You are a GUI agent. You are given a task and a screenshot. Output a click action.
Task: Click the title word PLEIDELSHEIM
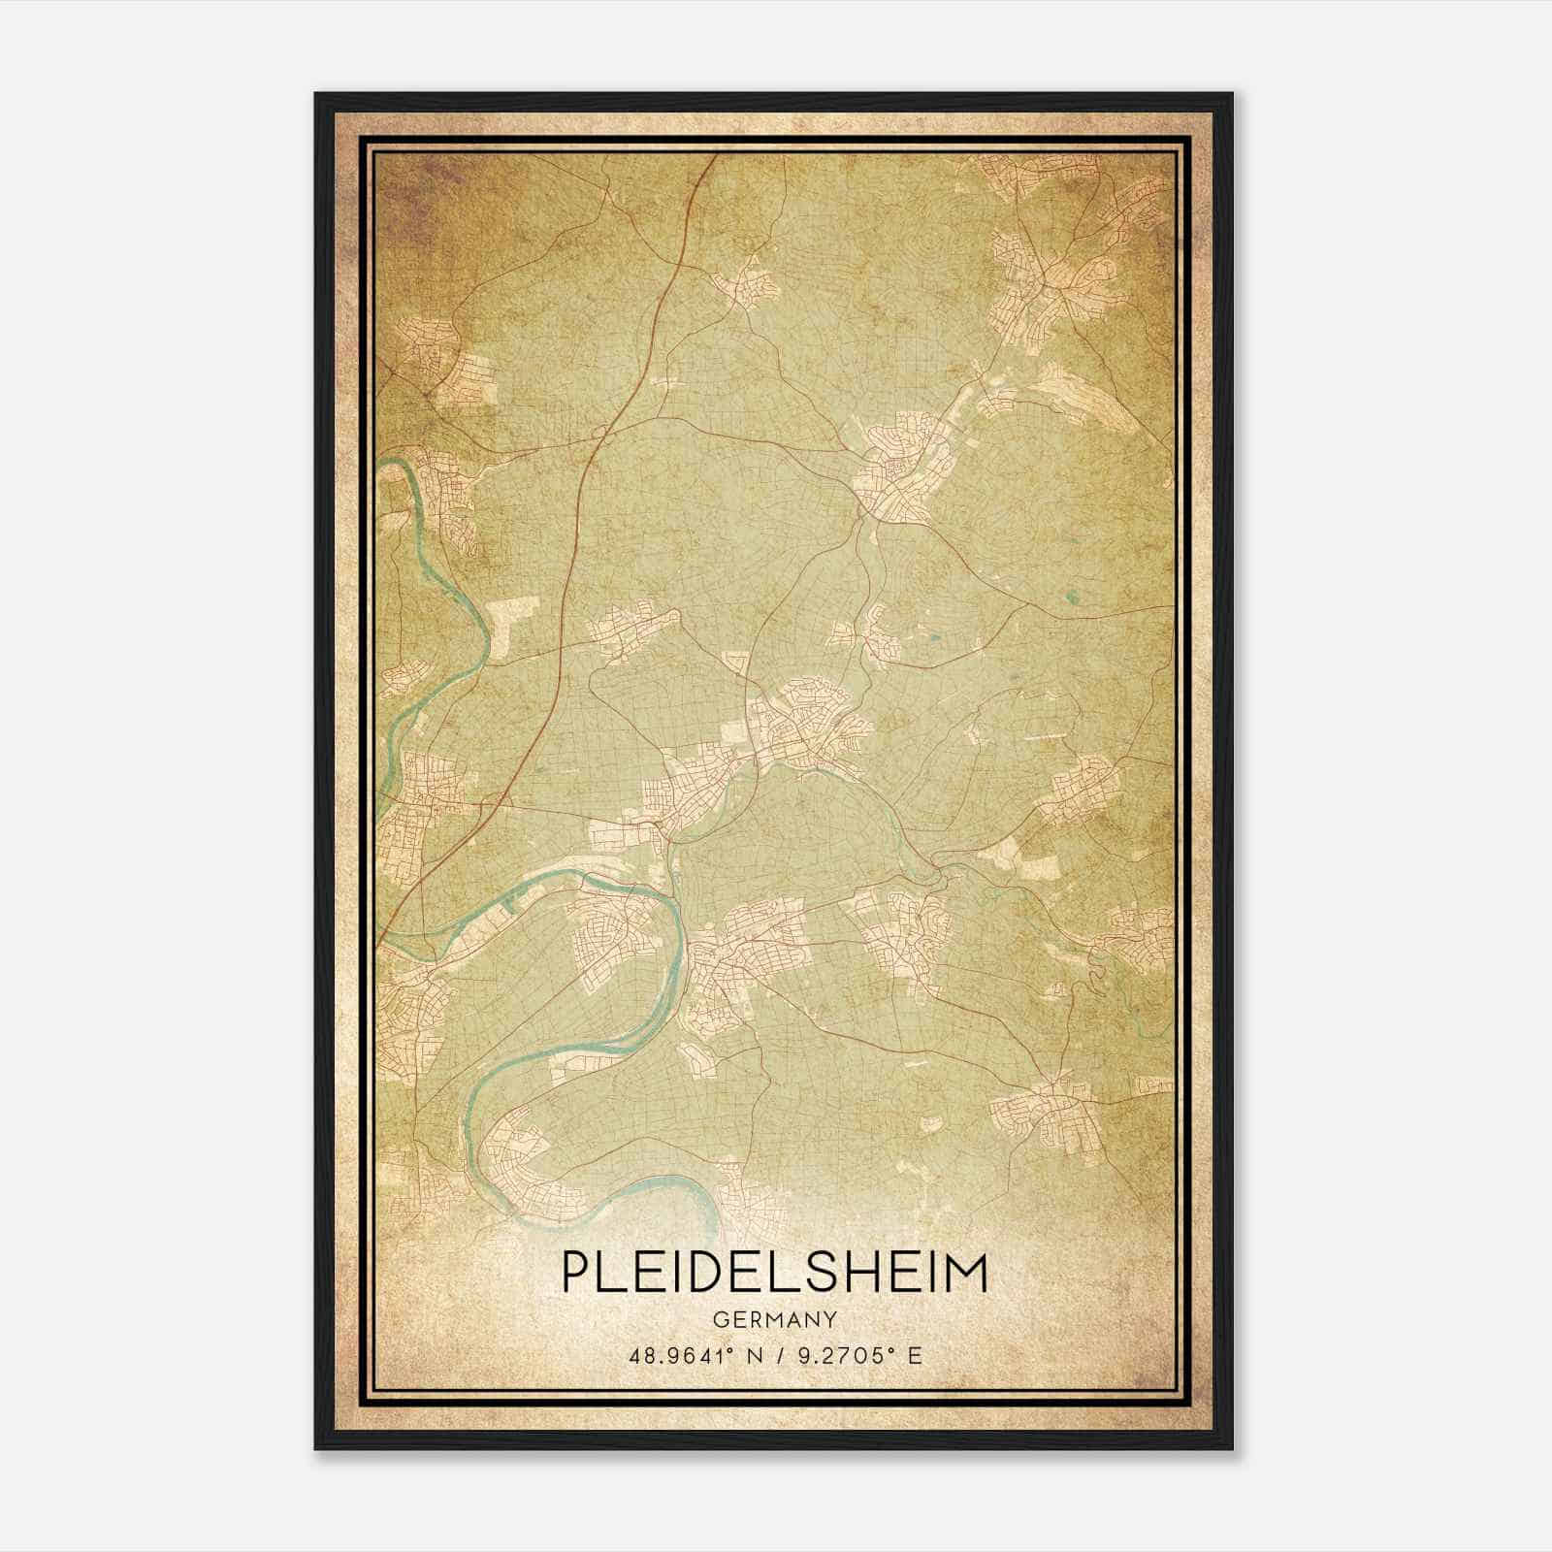click(x=774, y=1273)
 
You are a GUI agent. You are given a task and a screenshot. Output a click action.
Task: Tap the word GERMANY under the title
click(x=774, y=1319)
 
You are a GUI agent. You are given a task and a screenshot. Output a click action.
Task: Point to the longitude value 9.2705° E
click(x=859, y=1355)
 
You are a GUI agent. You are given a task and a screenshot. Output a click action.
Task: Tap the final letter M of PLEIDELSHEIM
click(x=967, y=1273)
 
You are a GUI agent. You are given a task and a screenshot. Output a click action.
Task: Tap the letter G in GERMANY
click(x=720, y=1319)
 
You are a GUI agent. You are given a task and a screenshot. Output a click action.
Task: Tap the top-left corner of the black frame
click(x=317, y=95)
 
